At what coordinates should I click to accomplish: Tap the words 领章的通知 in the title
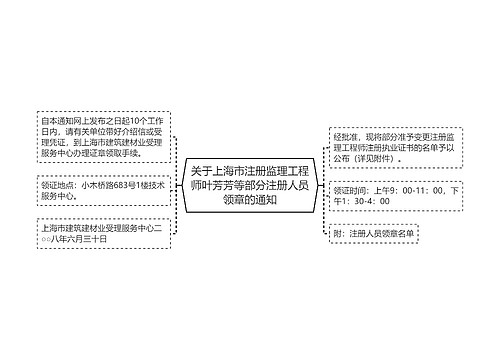pyautogui.click(x=250, y=199)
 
